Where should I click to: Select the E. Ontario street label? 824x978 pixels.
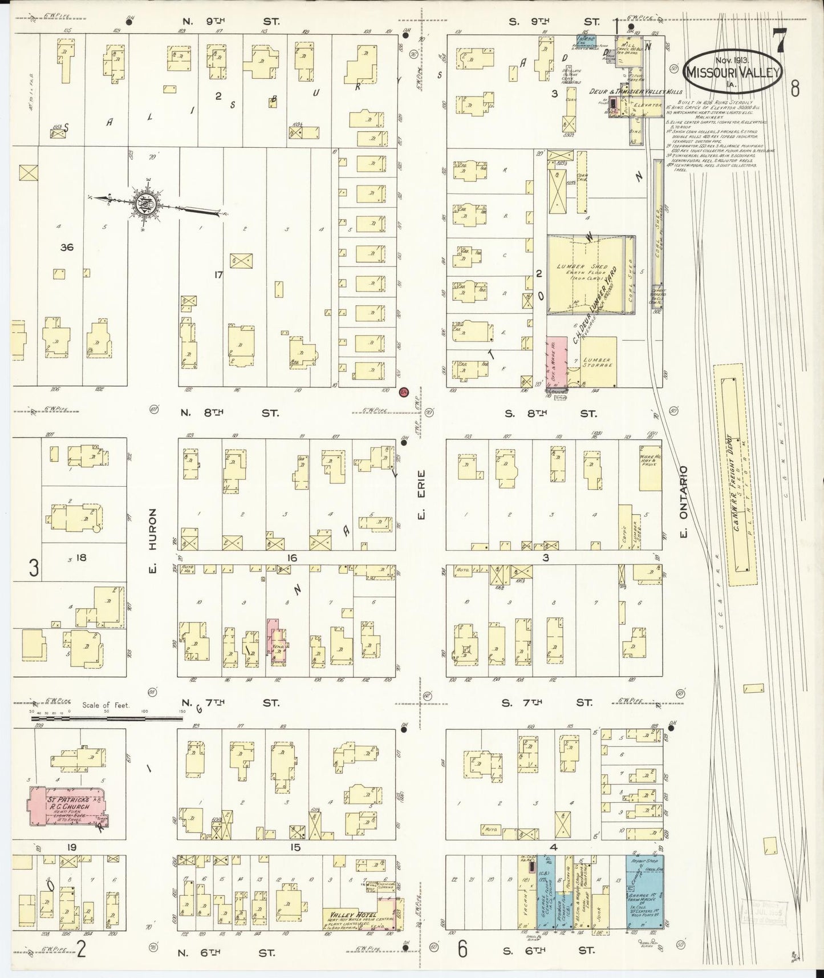[x=684, y=501]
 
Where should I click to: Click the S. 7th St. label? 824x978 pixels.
[x=546, y=704]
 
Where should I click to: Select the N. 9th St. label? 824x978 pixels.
[x=230, y=22]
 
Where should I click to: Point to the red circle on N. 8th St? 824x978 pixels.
[x=404, y=393]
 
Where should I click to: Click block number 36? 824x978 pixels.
[x=68, y=247]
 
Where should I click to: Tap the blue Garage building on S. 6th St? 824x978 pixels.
[x=644, y=893]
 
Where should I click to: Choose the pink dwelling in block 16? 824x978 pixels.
[x=278, y=641]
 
